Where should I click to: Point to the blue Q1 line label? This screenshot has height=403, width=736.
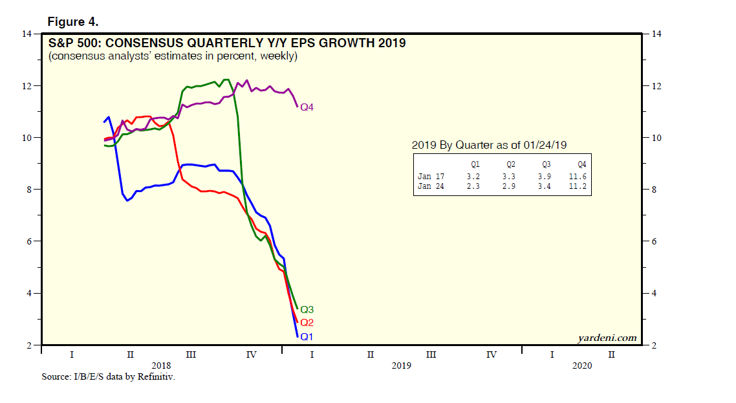(x=307, y=336)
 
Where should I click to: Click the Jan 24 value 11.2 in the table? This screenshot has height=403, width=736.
(x=578, y=186)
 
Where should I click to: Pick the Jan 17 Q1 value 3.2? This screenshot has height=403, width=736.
(x=473, y=176)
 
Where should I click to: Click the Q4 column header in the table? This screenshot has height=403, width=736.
(x=581, y=164)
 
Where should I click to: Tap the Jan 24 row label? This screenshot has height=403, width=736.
(x=431, y=186)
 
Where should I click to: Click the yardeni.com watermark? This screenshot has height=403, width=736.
(x=607, y=338)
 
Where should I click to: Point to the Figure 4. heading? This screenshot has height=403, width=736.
(x=73, y=22)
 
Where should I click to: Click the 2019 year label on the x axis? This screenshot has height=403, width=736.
(x=402, y=365)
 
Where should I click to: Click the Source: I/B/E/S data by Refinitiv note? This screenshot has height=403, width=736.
(x=108, y=377)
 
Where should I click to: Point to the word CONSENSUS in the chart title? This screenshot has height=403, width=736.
(x=140, y=43)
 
